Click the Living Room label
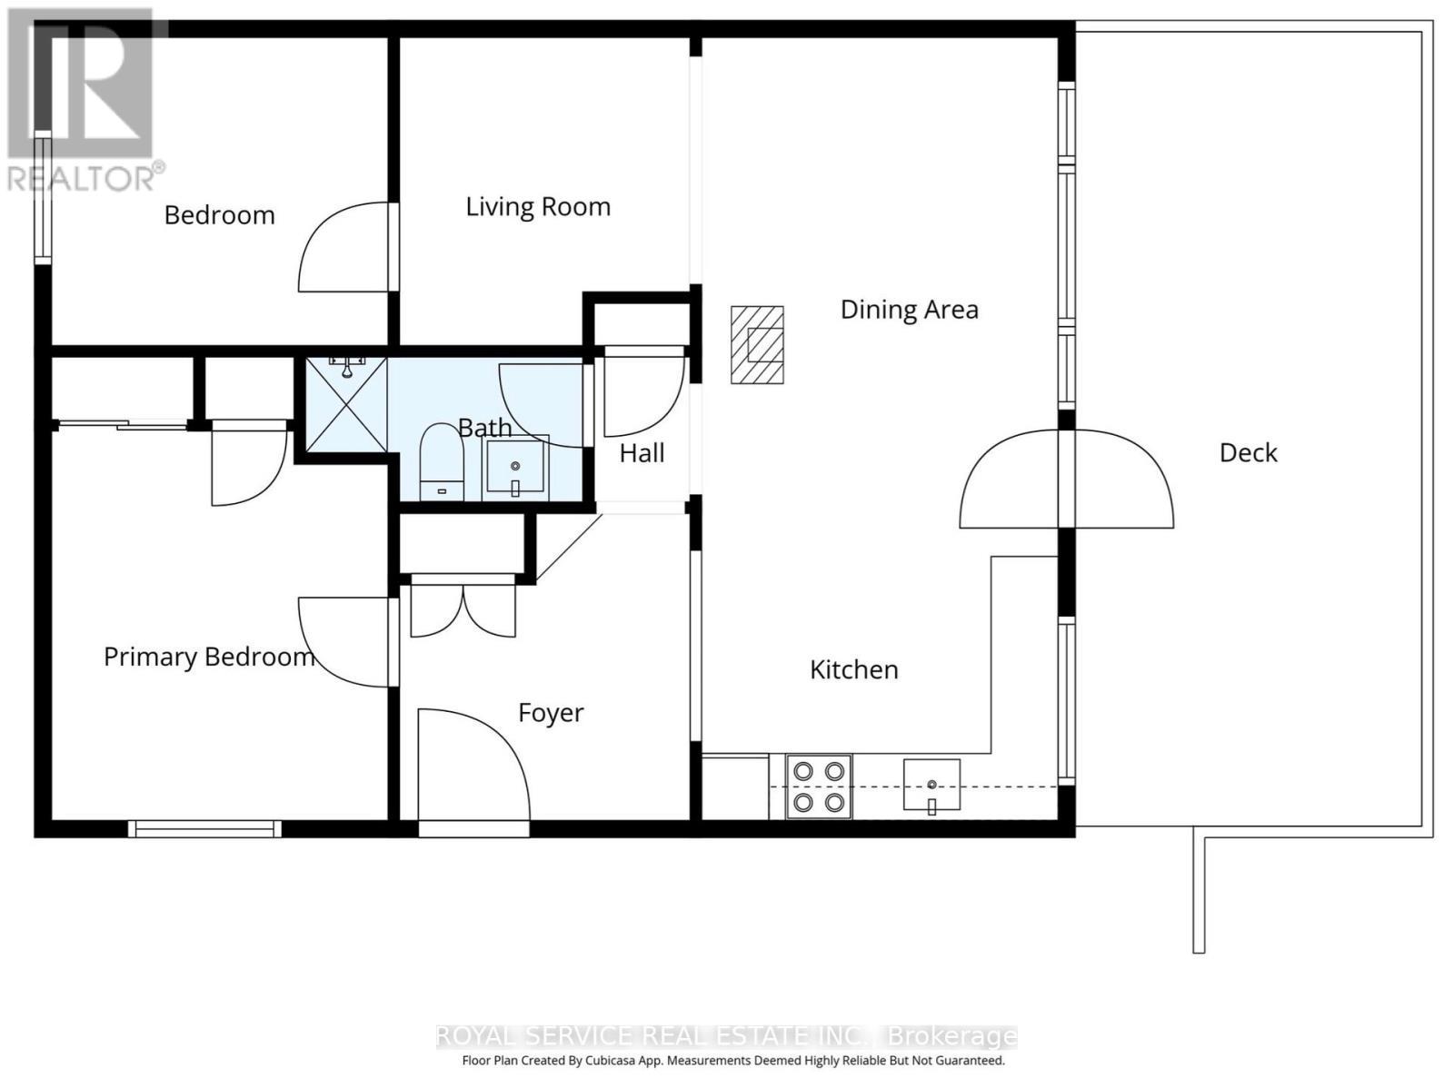point(538,207)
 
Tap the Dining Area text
point(909,310)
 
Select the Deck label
point(1248,452)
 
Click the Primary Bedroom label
point(209,657)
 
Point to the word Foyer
point(551,713)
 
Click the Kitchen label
point(853,670)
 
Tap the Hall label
point(642,453)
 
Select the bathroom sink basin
point(515,467)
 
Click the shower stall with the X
point(346,405)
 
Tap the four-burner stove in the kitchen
point(819,786)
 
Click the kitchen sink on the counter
point(931,785)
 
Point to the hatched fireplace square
point(757,345)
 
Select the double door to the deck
point(1066,479)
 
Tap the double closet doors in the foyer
point(463,608)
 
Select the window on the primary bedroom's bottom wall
point(204,828)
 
